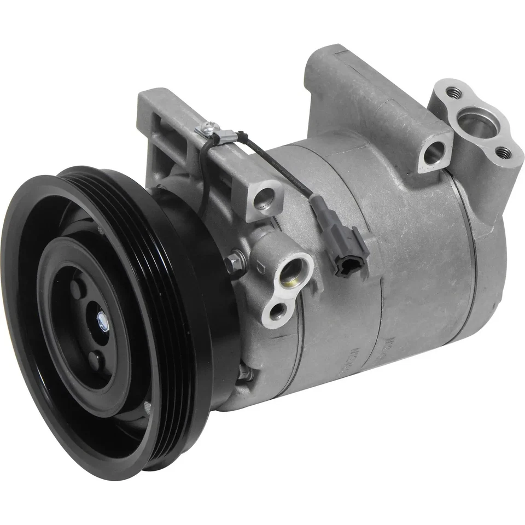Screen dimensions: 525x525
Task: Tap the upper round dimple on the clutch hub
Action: tap(78, 288)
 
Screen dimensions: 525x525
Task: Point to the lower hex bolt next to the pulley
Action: tap(244, 374)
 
